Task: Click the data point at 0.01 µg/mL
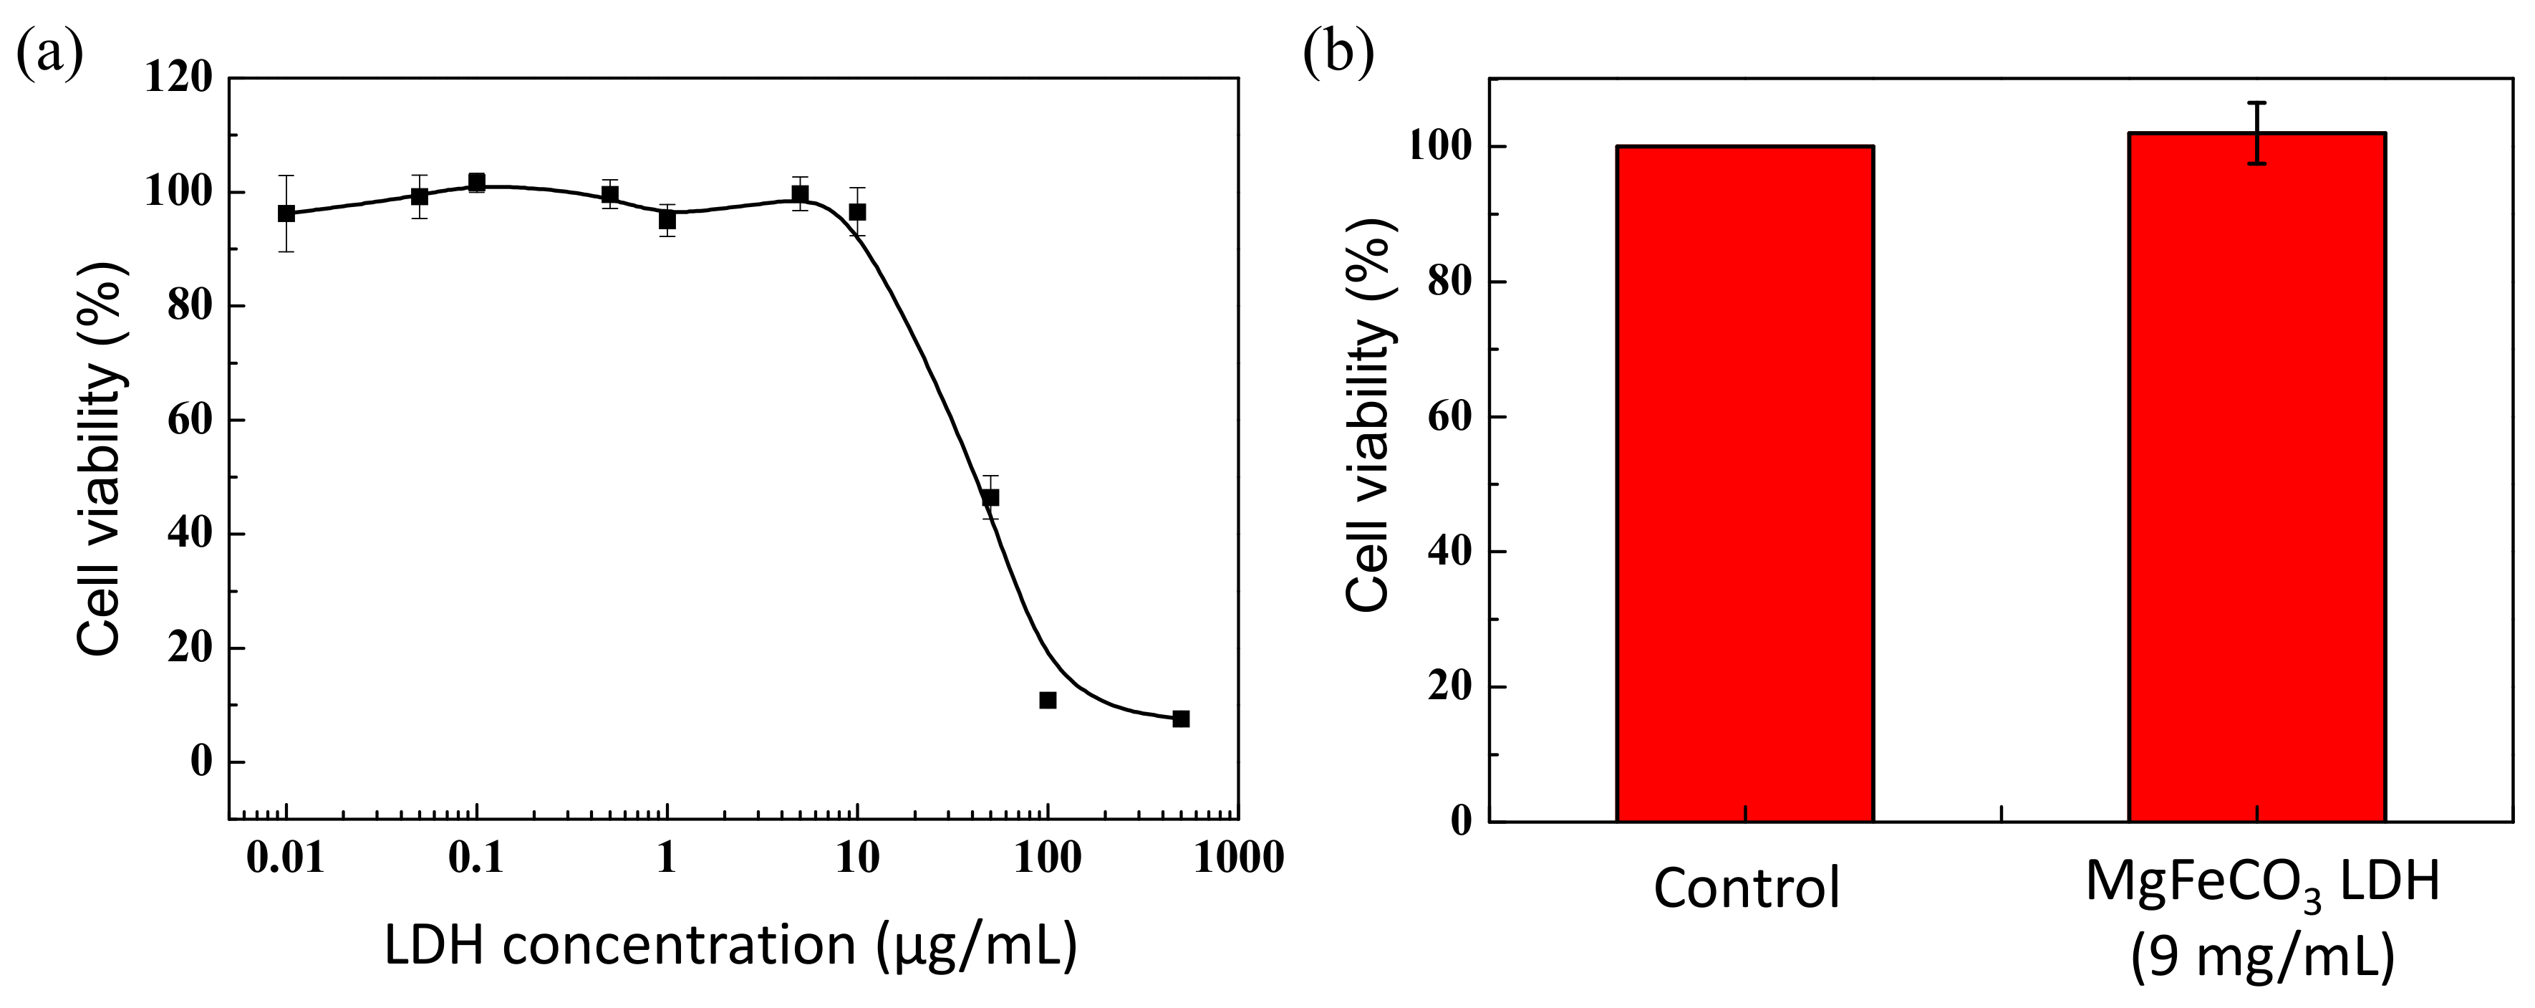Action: (x=286, y=213)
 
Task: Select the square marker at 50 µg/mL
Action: (x=990, y=497)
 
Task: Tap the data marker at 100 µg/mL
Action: (x=1047, y=700)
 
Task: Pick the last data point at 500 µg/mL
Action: (x=1181, y=719)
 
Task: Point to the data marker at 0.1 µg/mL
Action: (x=476, y=182)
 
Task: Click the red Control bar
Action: (x=1744, y=482)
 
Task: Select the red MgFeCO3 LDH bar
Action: (x=2256, y=477)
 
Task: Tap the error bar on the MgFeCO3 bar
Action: (x=2256, y=133)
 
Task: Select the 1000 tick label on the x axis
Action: (x=1238, y=858)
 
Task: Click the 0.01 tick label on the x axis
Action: (x=286, y=858)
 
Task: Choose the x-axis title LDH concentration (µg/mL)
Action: (x=730, y=946)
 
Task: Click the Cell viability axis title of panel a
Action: (x=102, y=458)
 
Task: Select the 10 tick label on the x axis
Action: (x=857, y=858)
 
